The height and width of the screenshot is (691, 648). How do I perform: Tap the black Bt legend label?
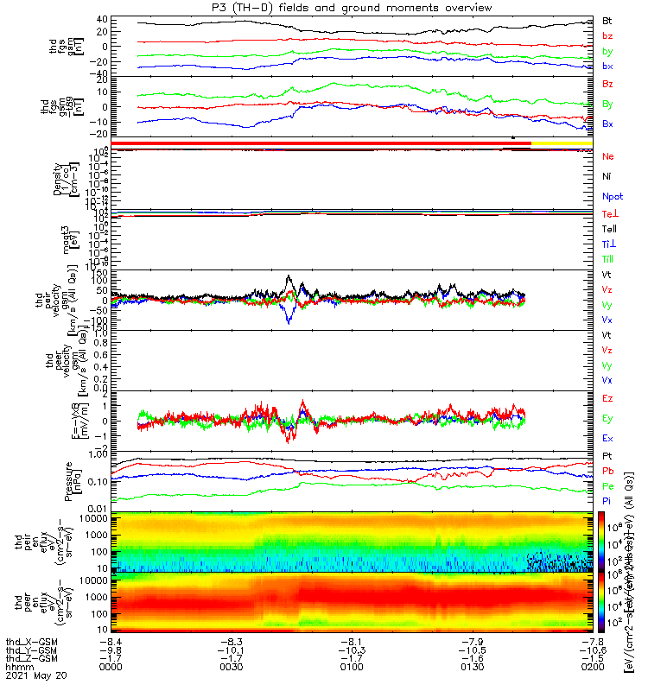[608, 20]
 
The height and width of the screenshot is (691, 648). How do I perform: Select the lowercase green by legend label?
[608, 52]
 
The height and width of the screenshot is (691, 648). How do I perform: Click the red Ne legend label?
[608, 156]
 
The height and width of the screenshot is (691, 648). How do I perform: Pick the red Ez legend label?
[608, 400]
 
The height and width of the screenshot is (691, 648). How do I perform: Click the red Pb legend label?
[608, 471]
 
